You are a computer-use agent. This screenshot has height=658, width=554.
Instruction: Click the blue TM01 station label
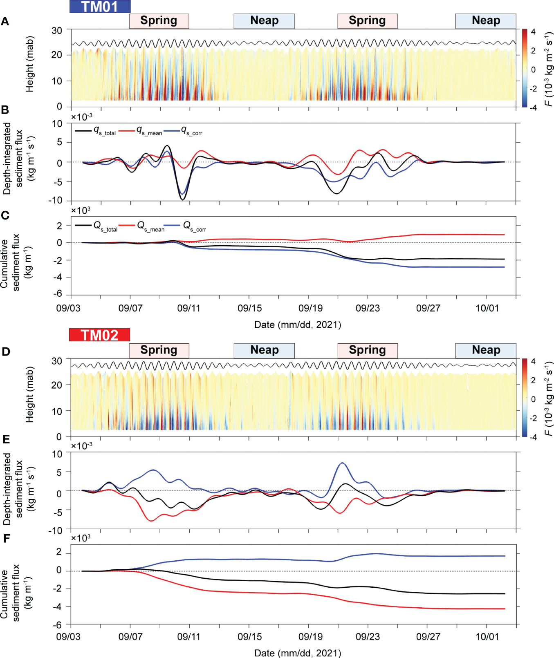[100, 7]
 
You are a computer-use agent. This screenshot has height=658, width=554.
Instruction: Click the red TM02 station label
[99, 335]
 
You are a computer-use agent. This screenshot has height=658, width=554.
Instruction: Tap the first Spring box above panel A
[159, 21]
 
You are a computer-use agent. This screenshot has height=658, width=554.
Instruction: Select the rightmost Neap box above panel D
[486, 350]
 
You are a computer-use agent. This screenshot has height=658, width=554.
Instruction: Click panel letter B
[5, 110]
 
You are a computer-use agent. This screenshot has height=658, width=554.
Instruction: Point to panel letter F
[6, 538]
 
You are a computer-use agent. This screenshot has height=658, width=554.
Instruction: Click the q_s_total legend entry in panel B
[96, 131]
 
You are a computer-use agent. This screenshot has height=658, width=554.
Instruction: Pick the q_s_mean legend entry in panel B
[141, 131]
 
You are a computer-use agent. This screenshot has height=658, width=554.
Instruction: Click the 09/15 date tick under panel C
[249, 308]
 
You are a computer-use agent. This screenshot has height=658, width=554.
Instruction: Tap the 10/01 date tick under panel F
[487, 637]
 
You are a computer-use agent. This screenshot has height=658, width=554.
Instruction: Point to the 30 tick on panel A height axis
[57, 31]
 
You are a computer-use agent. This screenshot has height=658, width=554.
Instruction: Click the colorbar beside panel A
[524, 68]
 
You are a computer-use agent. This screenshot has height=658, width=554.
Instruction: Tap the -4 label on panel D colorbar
[533, 437]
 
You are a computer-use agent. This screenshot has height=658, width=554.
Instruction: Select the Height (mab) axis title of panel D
[29, 394]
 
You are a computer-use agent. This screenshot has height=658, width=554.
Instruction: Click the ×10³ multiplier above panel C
[81, 210]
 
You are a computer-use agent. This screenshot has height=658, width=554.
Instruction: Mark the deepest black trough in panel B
[182, 199]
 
